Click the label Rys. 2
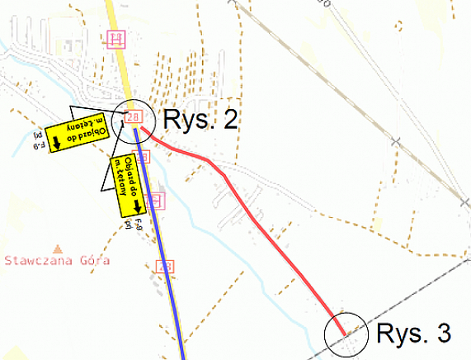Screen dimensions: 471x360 point(201,120)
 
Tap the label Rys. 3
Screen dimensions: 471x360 point(414,334)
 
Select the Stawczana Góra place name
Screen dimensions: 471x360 point(57,260)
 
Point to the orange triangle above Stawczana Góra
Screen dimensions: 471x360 point(56,248)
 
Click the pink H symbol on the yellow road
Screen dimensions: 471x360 point(117,38)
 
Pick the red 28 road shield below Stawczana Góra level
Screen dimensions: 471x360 point(166,265)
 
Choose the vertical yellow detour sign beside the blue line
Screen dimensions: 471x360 point(127,187)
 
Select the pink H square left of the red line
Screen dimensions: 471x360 point(158,199)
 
